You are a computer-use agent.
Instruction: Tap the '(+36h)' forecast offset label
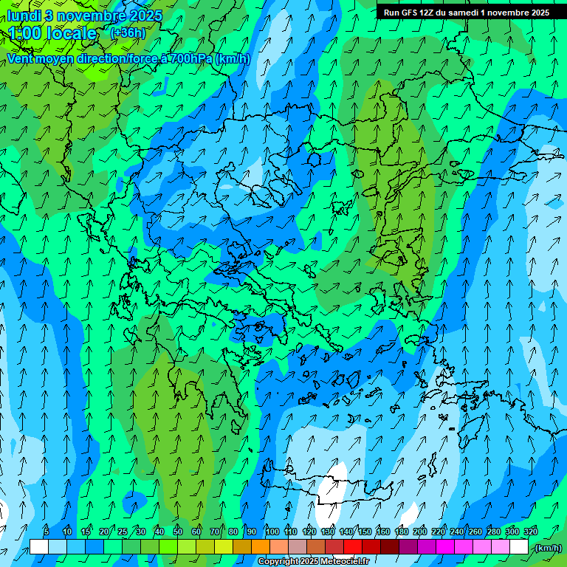(127, 32)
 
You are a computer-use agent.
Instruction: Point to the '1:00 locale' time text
(53, 33)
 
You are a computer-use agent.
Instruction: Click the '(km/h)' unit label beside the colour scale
(547, 547)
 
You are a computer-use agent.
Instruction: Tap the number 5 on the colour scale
(47, 532)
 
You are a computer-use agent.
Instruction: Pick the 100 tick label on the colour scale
(272, 532)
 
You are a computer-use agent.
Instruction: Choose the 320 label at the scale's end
(531, 532)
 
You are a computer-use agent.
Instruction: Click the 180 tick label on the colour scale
(402, 532)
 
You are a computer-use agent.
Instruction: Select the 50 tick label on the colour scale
(178, 532)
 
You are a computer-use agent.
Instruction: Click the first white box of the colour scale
(39, 547)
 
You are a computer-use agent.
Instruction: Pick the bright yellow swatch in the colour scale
(224, 547)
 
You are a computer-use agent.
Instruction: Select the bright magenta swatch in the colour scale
(445, 547)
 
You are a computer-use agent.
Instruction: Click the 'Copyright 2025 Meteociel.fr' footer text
(313, 562)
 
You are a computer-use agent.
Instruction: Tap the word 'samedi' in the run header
(462, 12)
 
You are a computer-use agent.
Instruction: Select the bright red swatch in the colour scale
(353, 547)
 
